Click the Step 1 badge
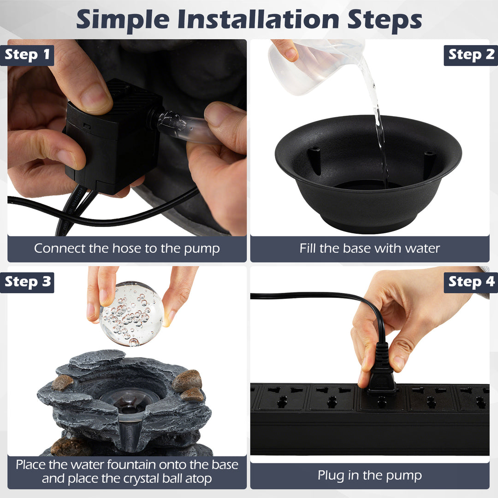[x=27, y=55]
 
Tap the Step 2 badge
[x=471, y=55]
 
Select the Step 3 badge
[x=27, y=282]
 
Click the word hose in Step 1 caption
[x=127, y=249]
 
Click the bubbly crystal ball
[x=131, y=314]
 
